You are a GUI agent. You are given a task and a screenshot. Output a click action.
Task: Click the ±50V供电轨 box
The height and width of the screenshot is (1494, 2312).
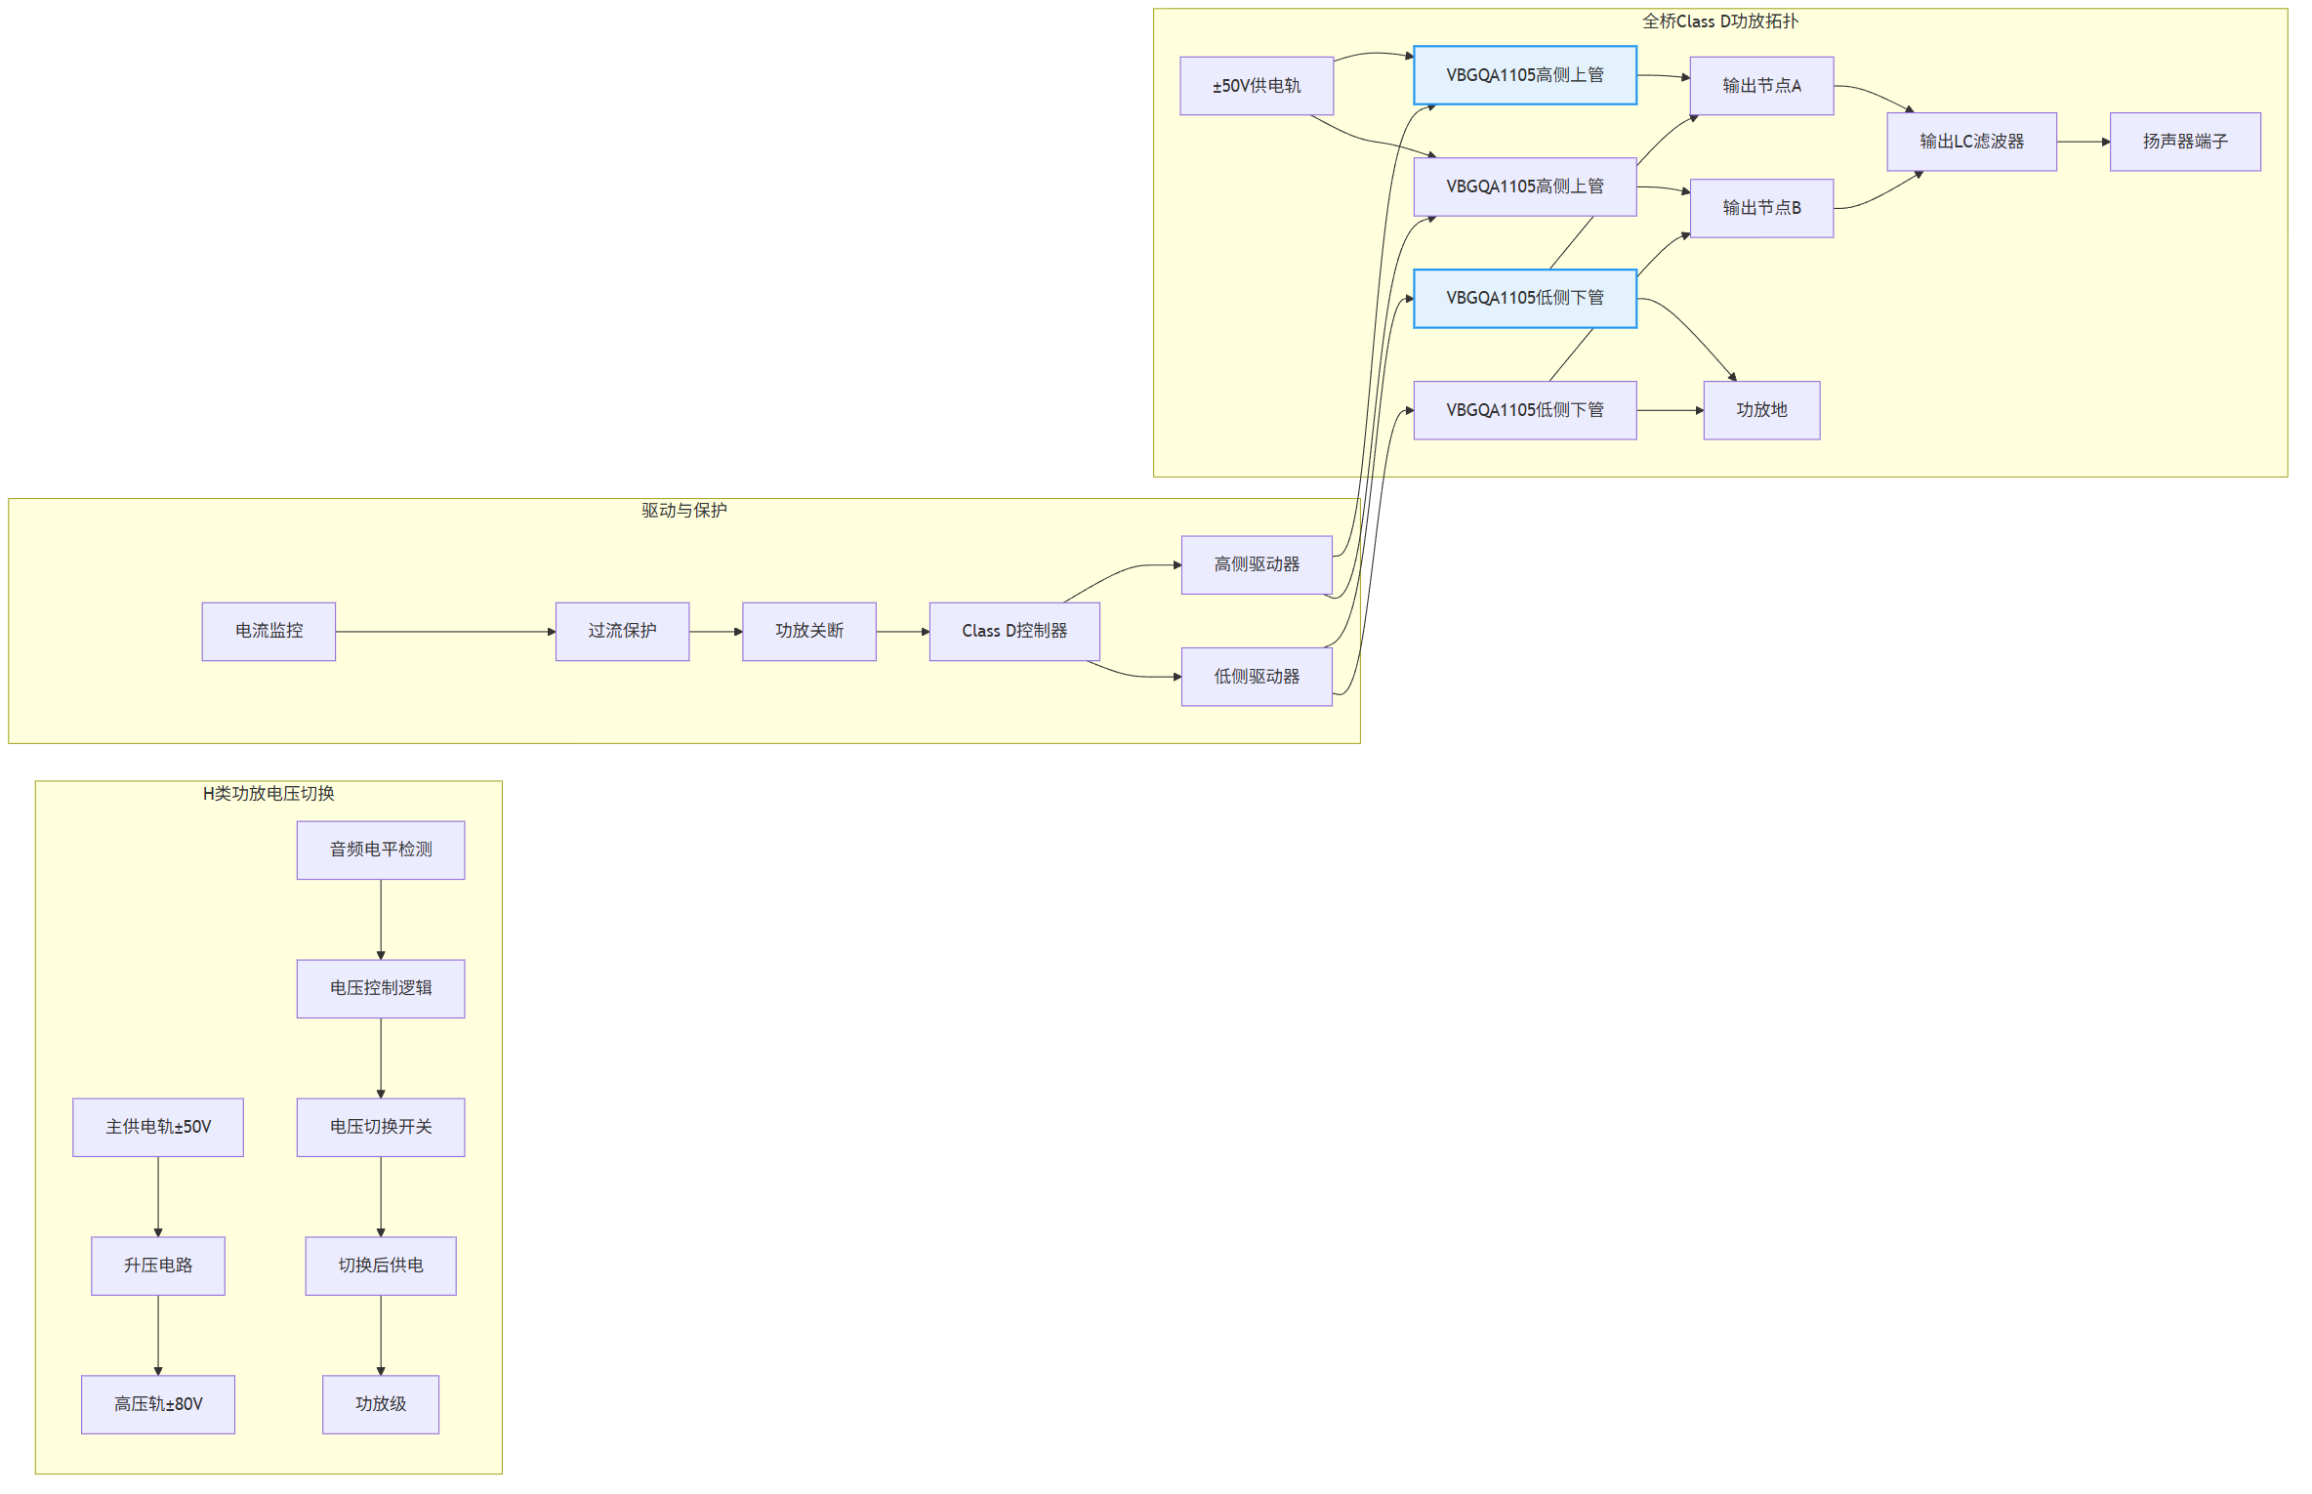[1257, 86]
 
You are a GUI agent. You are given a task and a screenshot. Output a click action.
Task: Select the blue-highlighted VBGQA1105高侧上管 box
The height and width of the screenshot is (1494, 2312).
[1525, 75]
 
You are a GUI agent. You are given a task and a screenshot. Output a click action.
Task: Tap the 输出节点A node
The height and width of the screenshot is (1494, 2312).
[1761, 86]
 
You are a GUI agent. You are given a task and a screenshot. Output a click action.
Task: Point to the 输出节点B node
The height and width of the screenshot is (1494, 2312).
[1761, 208]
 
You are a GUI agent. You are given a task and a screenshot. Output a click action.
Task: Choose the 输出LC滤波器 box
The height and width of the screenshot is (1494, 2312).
[1971, 142]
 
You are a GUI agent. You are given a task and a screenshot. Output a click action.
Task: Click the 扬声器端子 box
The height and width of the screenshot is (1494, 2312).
[2185, 142]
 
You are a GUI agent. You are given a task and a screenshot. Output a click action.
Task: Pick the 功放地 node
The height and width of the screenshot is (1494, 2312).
[1761, 410]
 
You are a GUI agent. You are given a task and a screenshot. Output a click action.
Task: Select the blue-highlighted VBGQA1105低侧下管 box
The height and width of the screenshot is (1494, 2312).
[1525, 299]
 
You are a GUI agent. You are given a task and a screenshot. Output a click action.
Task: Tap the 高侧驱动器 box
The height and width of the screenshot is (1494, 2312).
[1257, 564]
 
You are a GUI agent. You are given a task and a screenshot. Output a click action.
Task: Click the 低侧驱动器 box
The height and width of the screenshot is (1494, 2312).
[1257, 677]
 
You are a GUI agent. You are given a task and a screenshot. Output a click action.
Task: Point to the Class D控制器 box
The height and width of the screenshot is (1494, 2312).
[1014, 632]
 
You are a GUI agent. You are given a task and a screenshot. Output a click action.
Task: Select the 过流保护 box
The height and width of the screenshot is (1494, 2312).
[622, 632]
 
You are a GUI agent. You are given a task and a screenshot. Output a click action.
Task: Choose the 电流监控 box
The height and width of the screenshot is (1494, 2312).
[268, 632]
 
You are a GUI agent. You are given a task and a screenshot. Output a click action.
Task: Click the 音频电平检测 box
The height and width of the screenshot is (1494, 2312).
[381, 851]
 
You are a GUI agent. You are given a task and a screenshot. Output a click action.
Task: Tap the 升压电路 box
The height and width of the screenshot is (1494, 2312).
[158, 1266]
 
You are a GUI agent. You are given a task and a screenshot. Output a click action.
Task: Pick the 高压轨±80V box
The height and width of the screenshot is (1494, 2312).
[158, 1405]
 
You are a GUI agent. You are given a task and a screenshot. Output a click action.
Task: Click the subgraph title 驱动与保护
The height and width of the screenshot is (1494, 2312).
[683, 511]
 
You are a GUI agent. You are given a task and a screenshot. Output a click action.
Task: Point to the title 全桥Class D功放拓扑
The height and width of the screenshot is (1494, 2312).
[1719, 21]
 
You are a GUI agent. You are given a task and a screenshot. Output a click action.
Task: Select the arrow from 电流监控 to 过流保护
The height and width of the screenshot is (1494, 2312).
[445, 632]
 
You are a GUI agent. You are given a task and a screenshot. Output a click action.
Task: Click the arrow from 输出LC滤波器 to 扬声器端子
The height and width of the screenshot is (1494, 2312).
[2084, 142]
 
